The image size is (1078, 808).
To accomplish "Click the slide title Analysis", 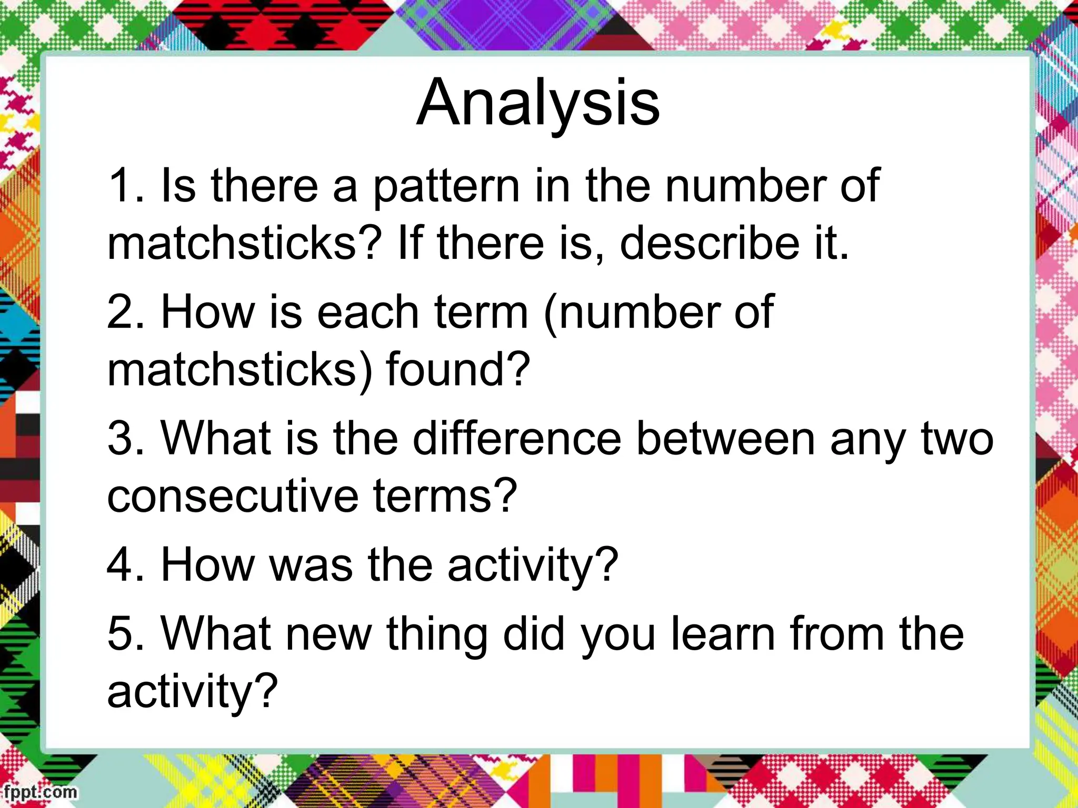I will point(538,103).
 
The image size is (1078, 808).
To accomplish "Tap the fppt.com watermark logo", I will point(39,792).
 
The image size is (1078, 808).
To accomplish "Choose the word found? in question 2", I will point(458,370).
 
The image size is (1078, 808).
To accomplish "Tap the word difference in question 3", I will point(517,439).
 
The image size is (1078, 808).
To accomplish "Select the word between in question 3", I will point(725,439).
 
